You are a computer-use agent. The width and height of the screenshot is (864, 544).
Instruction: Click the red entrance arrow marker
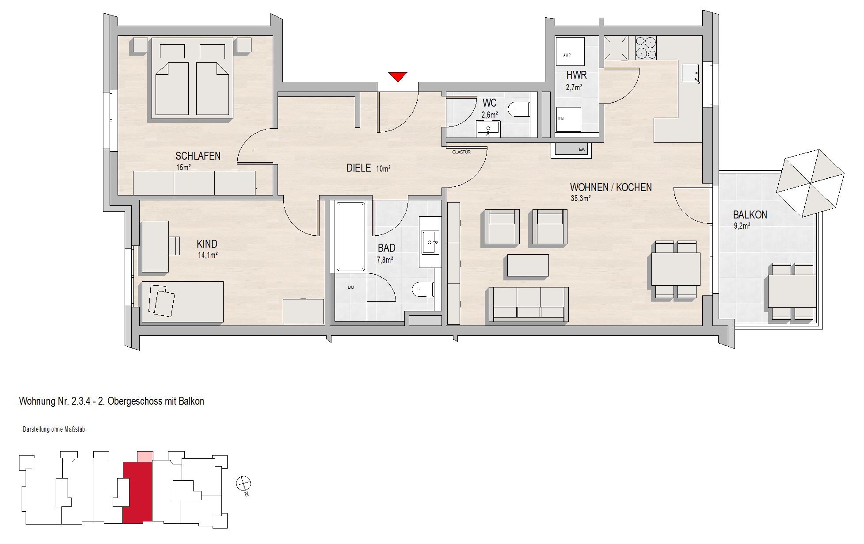[x=398, y=77]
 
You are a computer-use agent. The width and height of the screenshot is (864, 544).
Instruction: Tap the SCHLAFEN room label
[x=198, y=156]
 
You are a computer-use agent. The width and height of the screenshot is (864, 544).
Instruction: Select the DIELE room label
[x=358, y=168]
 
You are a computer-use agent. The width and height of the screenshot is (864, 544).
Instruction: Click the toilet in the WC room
[x=519, y=109]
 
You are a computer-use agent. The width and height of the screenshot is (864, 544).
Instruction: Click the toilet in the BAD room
[x=423, y=290]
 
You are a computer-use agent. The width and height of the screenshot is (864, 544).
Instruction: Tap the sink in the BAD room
[x=430, y=242]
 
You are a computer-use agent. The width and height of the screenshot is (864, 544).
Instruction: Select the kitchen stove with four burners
[x=646, y=48]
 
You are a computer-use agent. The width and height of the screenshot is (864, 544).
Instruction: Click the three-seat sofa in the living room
[x=528, y=304]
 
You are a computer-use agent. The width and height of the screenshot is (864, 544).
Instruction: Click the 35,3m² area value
[x=581, y=199]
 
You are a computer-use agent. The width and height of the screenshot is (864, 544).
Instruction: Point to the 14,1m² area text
[x=208, y=255]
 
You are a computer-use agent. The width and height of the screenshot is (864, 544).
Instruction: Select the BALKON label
[x=750, y=215]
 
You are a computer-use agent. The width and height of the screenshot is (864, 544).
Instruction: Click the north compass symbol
[x=243, y=483]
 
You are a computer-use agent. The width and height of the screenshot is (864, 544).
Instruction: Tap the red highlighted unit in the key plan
[x=137, y=491]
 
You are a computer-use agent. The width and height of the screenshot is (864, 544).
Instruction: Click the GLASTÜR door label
[x=461, y=152]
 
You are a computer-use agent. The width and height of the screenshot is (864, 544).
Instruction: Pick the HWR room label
[x=576, y=76]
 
